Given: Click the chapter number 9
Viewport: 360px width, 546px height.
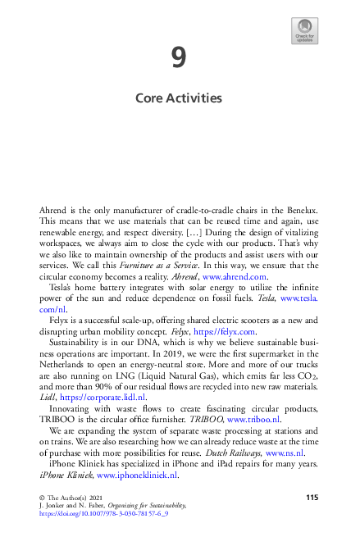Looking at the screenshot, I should (179, 58).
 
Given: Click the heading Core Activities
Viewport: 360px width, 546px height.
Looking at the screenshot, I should (179, 98).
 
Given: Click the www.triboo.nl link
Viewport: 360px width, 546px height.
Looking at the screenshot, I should (257, 418).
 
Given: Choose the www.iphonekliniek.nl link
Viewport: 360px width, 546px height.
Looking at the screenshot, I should (137, 474).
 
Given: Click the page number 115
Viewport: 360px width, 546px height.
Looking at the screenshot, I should (312, 498).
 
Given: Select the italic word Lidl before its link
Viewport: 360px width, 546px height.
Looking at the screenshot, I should (48, 396).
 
